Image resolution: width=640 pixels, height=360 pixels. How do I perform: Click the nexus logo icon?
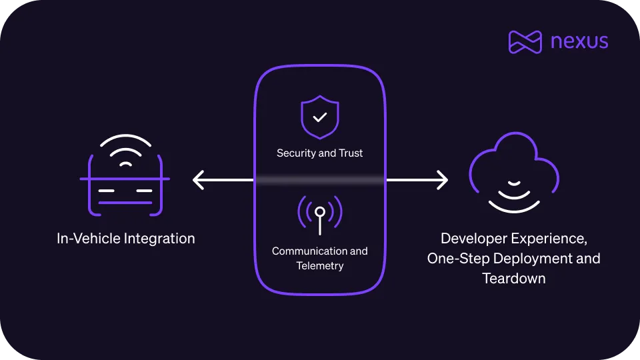coord(525,41)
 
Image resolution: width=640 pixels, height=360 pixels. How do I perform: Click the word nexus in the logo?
coord(579,41)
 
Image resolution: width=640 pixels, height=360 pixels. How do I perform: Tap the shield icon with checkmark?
coord(320,117)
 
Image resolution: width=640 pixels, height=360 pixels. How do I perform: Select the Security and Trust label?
coord(320,153)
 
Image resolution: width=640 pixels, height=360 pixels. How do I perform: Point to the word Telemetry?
coord(320,266)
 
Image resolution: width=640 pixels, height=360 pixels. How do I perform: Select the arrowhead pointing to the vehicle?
coord(198,179)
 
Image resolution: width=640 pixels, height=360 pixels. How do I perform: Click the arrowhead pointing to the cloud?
coord(442,179)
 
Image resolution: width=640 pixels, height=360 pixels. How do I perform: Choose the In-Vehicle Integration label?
coord(125,238)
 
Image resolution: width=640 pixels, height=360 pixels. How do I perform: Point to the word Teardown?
coord(514,278)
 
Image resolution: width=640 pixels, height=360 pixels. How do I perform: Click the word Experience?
coord(551,238)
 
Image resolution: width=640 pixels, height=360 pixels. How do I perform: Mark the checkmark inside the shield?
coord(320,117)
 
